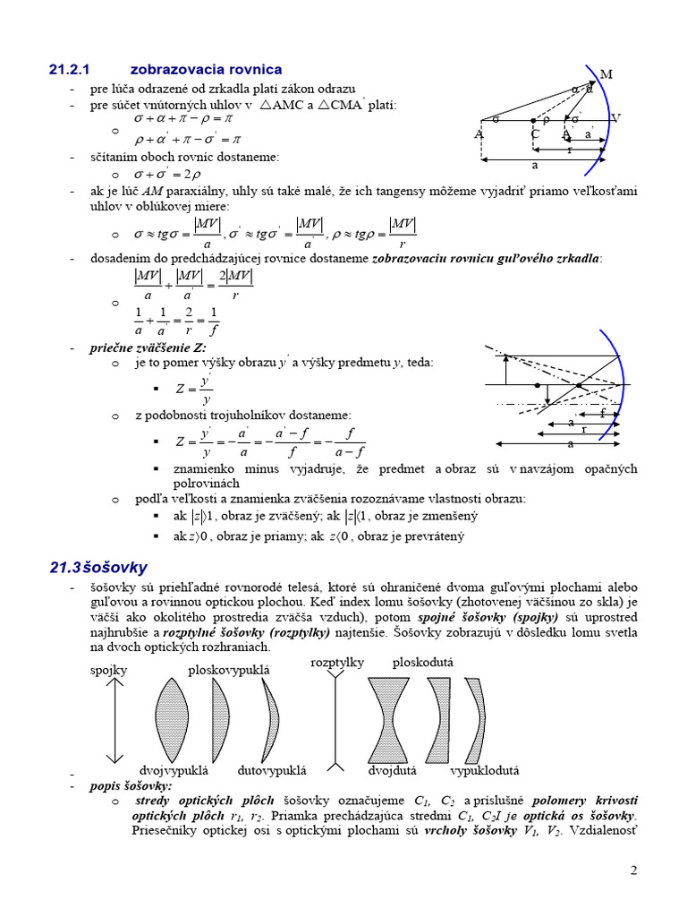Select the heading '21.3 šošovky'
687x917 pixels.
coord(98,567)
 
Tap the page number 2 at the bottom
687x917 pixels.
coord(633,870)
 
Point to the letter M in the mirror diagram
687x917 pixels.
coord(606,74)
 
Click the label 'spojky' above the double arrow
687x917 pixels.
coord(108,670)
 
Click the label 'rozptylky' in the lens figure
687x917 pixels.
coord(336,662)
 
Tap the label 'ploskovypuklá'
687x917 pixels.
coord(228,670)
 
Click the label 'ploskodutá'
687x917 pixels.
coord(423,662)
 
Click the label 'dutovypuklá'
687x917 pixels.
coord(272,769)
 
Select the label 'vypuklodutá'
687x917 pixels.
coord(484,769)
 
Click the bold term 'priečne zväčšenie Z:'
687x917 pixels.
coord(148,347)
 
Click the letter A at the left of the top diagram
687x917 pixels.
coord(479,134)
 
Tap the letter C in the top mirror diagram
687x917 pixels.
coord(535,134)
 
